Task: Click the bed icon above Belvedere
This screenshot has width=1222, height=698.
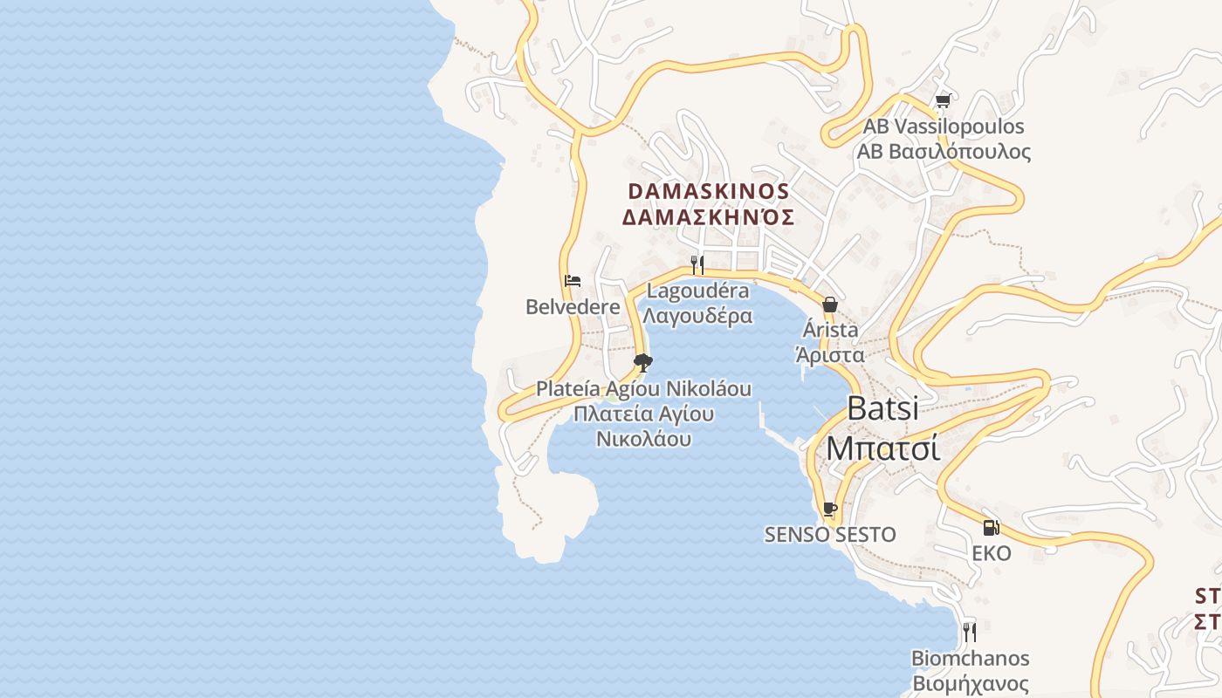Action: pyautogui.click(x=573, y=281)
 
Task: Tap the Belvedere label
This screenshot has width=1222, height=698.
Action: pyautogui.click(x=573, y=307)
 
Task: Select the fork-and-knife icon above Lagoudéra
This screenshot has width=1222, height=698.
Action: pyautogui.click(x=697, y=264)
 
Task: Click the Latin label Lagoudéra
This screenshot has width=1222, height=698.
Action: pyautogui.click(x=697, y=291)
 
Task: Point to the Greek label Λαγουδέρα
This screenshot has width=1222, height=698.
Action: pyautogui.click(x=697, y=316)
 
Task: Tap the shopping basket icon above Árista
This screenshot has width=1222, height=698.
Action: pyautogui.click(x=830, y=305)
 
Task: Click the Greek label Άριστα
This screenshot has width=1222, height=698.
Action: pyautogui.click(x=830, y=355)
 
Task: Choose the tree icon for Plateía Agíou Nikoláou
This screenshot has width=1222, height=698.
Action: pyautogui.click(x=643, y=362)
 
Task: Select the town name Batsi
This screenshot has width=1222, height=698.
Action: pyautogui.click(x=882, y=408)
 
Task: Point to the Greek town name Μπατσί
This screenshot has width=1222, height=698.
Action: pyautogui.click(x=882, y=448)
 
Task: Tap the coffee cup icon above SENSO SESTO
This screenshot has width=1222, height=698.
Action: pyautogui.click(x=830, y=509)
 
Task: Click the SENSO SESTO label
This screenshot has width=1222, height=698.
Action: pyautogui.click(x=830, y=535)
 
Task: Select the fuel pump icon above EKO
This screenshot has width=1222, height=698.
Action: pyautogui.click(x=991, y=528)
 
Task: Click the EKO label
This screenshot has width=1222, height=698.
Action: pyautogui.click(x=992, y=554)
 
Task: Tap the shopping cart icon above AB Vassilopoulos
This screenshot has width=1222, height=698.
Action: pyautogui.click(x=943, y=101)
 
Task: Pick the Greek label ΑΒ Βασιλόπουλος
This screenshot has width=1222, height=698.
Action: pyautogui.click(x=944, y=153)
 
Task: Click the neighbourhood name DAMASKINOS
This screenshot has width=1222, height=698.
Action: pyautogui.click(x=709, y=191)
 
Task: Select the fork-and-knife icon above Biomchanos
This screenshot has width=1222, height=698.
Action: pyautogui.click(x=970, y=631)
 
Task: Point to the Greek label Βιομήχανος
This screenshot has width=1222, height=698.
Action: pyautogui.click(x=971, y=683)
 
